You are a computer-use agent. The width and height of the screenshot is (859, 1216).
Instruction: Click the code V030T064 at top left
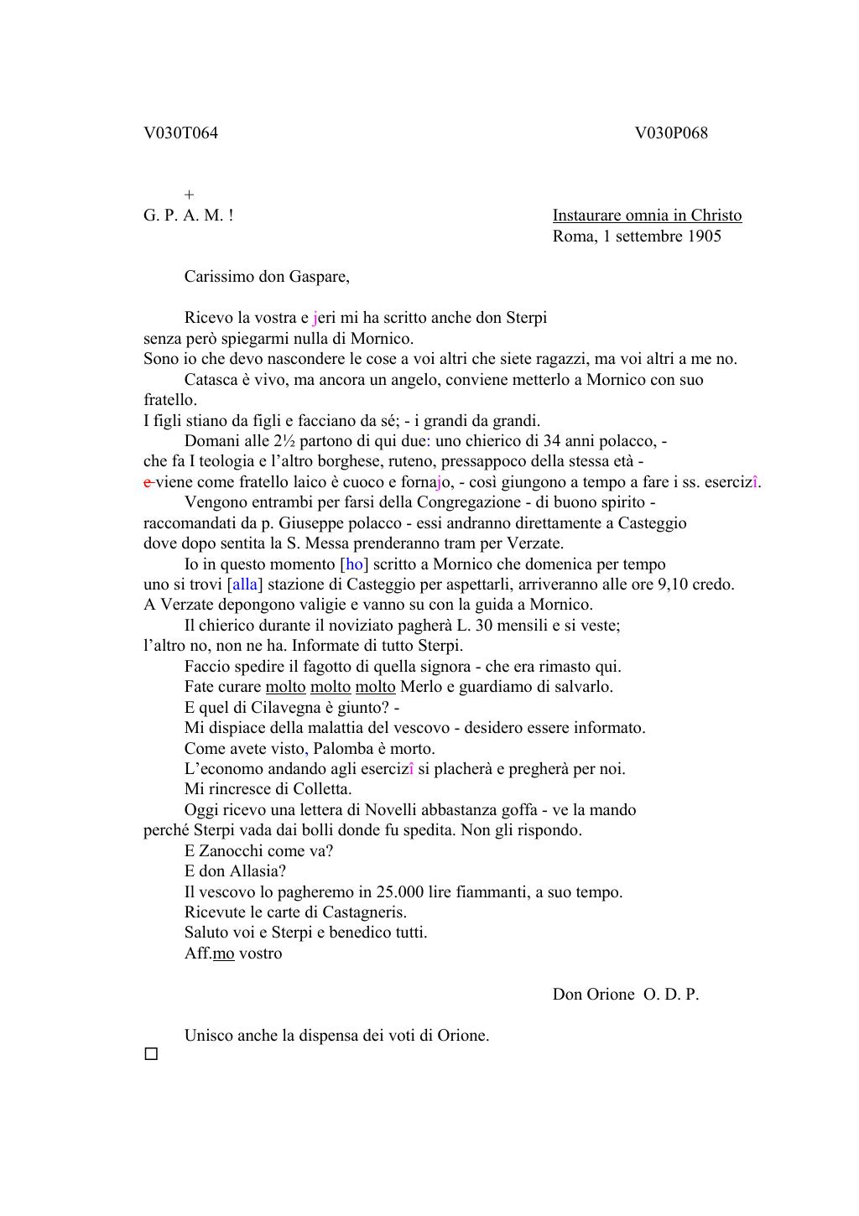click(x=180, y=133)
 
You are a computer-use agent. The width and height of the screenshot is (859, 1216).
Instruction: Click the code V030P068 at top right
click(x=671, y=133)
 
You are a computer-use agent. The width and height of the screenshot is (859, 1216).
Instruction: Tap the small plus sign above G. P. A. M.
click(x=189, y=195)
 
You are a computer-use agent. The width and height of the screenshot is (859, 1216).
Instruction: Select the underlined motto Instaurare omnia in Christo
click(x=647, y=216)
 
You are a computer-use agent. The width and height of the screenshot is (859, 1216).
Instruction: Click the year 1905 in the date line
click(x=704, y=236)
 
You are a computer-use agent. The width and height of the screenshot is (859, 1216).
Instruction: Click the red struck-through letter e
click(x=148, y=482)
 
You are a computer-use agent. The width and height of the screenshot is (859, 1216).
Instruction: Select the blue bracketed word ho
click(x=354, y=564)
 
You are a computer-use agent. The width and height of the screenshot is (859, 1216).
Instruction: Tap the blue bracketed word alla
click(x=245, y=585)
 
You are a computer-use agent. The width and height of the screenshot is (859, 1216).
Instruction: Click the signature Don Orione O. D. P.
click(x=625, y=995)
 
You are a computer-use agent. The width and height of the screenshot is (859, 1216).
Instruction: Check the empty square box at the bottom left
click(x=151, y=1054)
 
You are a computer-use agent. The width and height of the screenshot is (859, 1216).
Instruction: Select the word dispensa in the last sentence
click(x=329, y=1036)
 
